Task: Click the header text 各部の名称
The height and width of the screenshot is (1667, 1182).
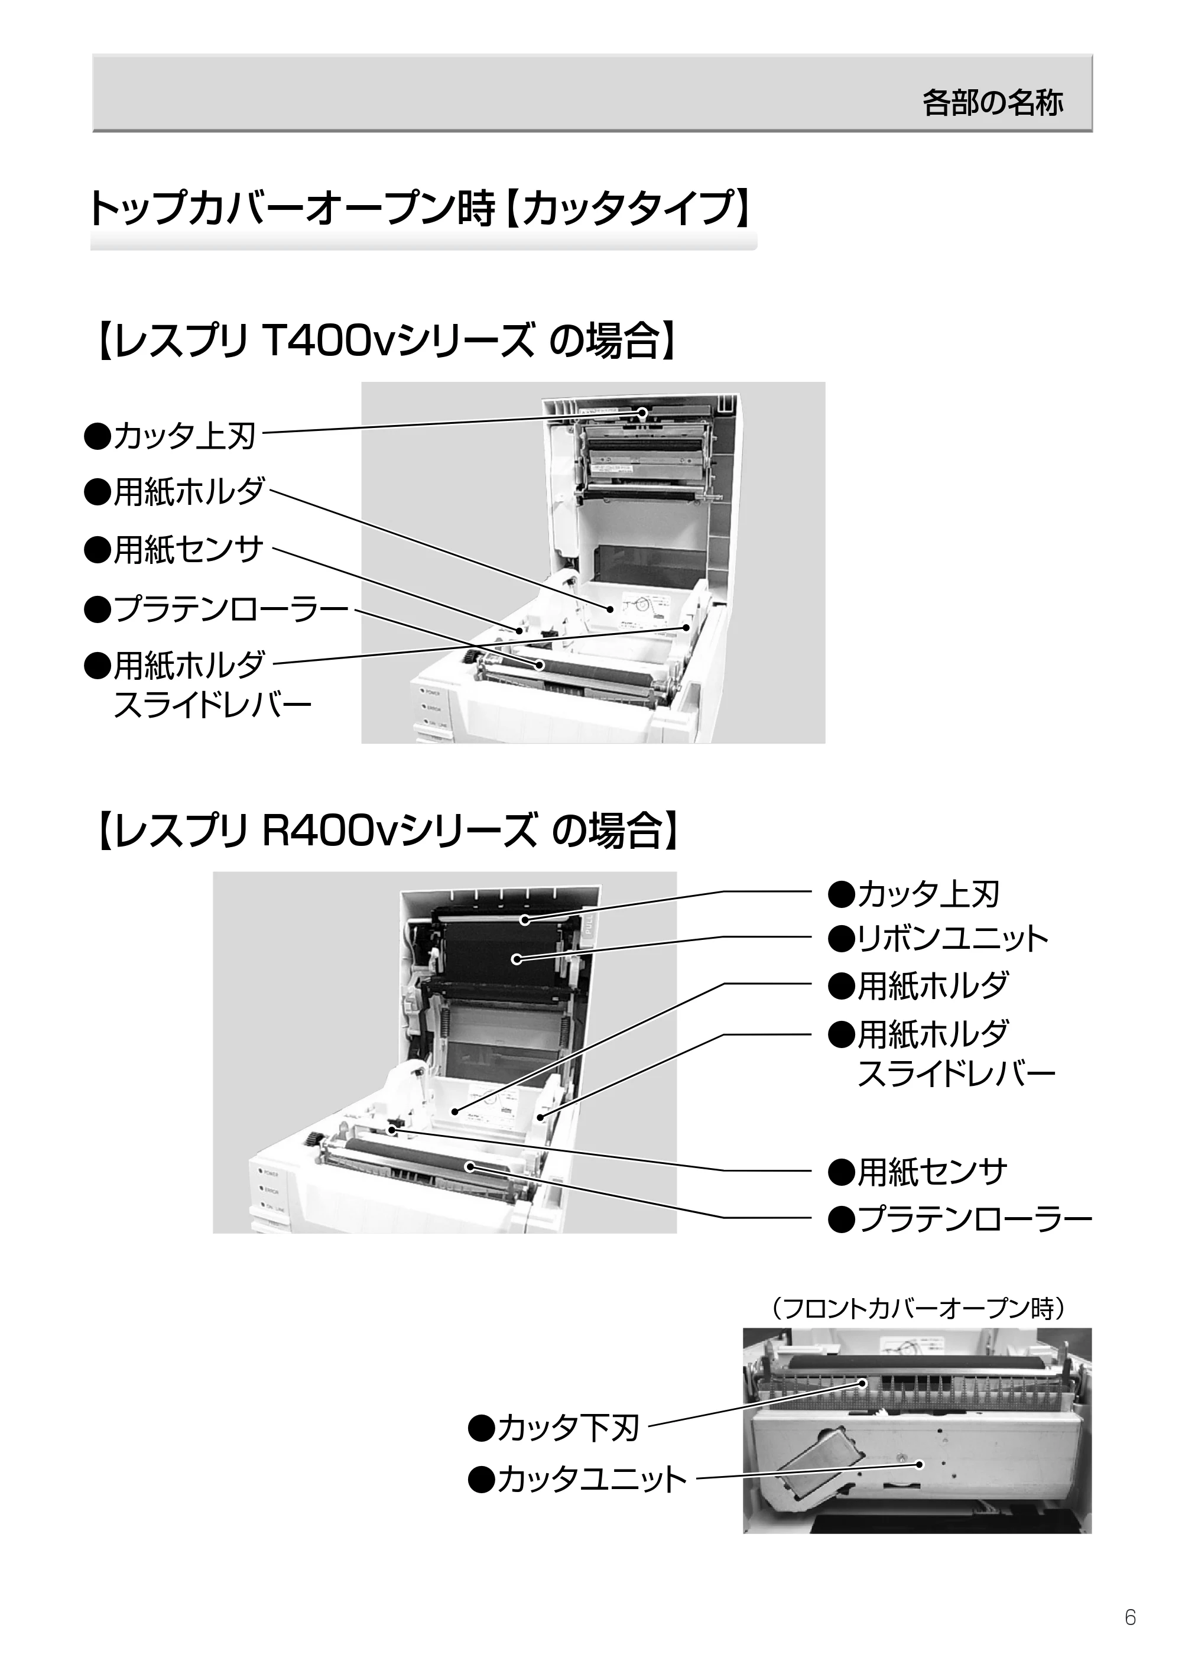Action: point(992,103)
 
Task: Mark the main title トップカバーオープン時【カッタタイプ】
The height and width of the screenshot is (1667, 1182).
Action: point(420,209)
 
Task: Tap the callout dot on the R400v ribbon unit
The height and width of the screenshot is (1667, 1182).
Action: point(516,959)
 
